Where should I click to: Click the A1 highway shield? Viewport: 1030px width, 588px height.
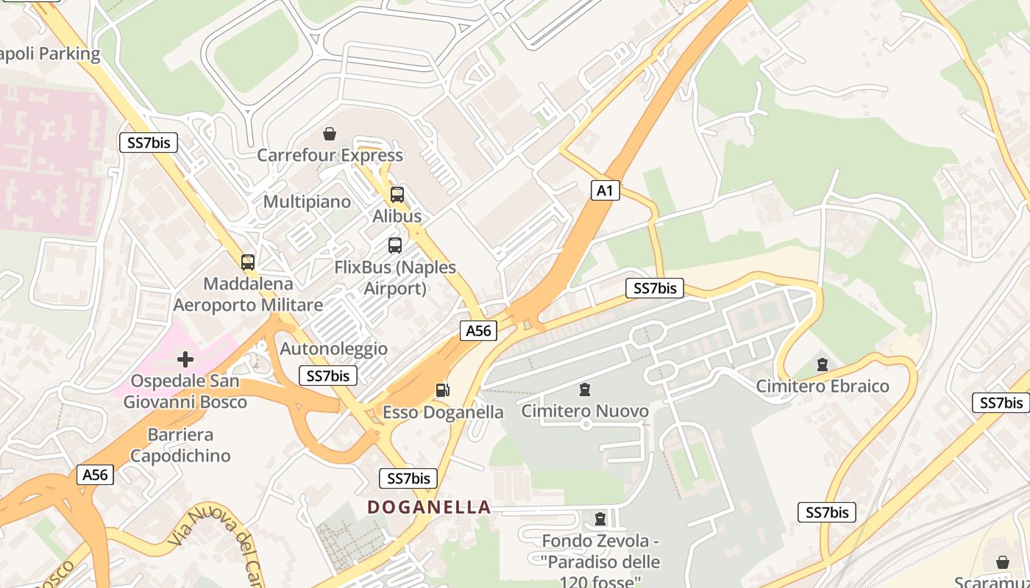coord(605,191)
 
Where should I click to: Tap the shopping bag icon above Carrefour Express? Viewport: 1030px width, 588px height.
coord(330,134)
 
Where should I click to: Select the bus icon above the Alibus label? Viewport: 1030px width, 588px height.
coord(397,195)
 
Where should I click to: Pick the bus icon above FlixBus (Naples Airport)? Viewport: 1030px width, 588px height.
coord(395,245)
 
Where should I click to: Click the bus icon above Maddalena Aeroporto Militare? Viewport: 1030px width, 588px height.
coord(248,262)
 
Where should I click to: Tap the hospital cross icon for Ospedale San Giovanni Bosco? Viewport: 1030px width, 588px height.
coord(185,359)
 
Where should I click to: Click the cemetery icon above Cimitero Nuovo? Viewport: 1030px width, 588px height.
coord(585,389)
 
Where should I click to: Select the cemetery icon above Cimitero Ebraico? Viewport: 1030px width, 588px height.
coord(822,365)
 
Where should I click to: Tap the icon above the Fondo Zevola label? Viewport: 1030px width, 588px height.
coord(600,519)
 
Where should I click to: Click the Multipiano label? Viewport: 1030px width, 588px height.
coord(307,201)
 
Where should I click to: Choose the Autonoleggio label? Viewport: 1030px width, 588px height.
coord(334,348)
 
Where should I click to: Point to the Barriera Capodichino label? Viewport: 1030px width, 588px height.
coord(180,445)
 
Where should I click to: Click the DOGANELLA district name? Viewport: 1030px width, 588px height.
coord(429,507)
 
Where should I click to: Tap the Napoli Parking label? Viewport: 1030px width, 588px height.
coord(50,54)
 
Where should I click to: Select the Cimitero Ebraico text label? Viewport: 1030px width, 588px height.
coord(823,386)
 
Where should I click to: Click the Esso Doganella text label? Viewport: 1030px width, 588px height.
coord(443,412)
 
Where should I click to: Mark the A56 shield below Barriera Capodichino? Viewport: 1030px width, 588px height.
coord(95,475)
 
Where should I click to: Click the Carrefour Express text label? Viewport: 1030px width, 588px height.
coord(330,155)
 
